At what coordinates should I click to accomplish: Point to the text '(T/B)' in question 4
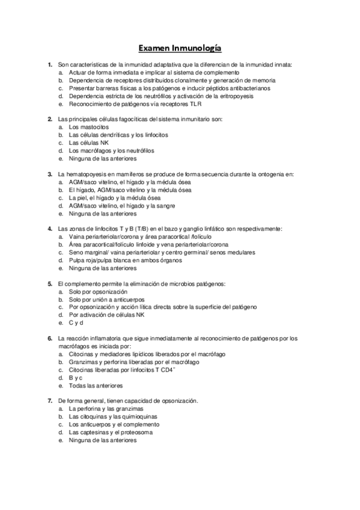click(x=143, y=229)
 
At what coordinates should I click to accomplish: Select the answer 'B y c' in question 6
click(x=76, y=378)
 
